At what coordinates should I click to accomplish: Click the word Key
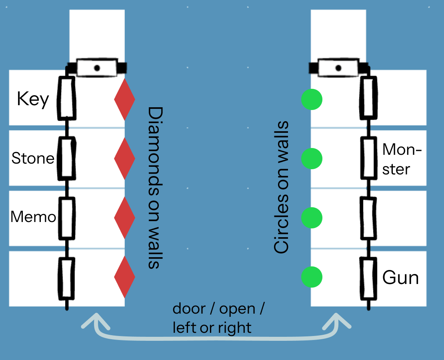click(33, 99)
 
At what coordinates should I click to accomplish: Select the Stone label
click(33, 158)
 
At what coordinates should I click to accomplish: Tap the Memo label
click(33, 217)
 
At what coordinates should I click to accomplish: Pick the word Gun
click(400, 277)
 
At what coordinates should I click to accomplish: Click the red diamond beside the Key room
click(124, 99)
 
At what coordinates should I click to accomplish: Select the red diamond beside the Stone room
click(124, 158)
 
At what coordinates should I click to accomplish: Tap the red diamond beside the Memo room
click(124, 218)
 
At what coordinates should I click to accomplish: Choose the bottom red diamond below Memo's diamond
click(124, 277)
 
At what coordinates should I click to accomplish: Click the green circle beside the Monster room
click(312, 158)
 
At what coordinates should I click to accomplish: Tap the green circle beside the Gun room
click(312, 277)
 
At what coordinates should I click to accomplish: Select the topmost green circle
click(312, 99)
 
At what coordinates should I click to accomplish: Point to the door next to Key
click(66, 98)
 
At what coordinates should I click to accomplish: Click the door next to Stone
click(66, 158)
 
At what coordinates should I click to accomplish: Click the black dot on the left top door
click(97, 68)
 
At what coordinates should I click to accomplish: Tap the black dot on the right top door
click(338, 68)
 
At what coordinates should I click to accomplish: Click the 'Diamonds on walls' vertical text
click(154, 188)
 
